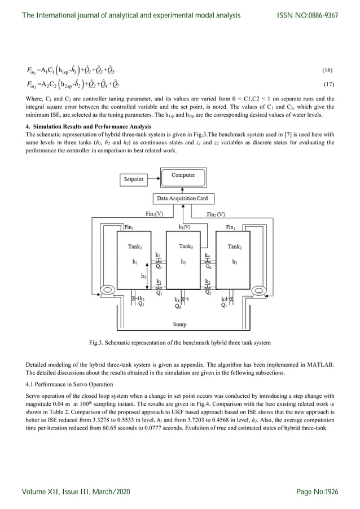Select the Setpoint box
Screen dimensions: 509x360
point(133,179)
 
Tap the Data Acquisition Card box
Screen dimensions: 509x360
point(182,199)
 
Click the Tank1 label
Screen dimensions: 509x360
point(134,247)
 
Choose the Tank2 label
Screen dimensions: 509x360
point(234,247)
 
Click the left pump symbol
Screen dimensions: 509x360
point(105,291)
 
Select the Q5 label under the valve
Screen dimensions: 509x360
point(141,304)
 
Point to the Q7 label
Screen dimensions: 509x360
point(224,305)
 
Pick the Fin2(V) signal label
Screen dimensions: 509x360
point(216,214)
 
